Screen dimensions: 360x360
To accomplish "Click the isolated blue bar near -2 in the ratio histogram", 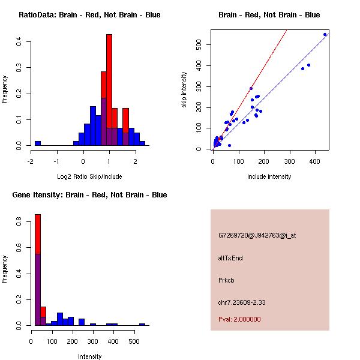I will pyautogui.click(x=38, y=143).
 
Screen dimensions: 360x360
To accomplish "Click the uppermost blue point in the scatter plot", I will pyautogui.click(x=325, y=34).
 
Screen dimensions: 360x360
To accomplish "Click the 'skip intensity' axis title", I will pyautogui.click(x=184, y=90).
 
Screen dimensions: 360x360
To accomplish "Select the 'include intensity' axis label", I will pyautogui.click(x=269, y=176).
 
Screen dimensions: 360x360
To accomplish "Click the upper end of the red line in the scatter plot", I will pyautogui.click(x=286, y=31).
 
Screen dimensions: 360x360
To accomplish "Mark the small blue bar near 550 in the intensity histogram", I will pyautogui.click(x=142, y=324).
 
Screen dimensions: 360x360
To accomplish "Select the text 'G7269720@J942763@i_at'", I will pyautogui.click(x=257, y=235).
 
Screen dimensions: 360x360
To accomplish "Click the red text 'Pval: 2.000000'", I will pyautogui.click(x=239, y=319).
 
